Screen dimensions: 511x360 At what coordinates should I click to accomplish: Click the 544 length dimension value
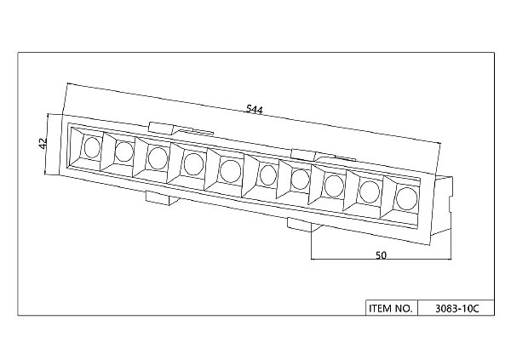[254, 109]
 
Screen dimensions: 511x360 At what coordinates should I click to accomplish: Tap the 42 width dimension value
[43, 144]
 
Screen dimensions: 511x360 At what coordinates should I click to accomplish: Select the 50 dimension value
[381, 255]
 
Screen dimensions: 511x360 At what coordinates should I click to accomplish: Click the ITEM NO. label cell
[391, 308]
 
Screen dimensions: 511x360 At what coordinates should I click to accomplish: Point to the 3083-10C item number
[457, 308]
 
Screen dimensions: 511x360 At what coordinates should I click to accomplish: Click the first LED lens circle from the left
[92, 147]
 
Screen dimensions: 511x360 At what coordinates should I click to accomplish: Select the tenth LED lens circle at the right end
[406, 198]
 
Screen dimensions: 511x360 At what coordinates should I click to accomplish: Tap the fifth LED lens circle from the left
[231, 171]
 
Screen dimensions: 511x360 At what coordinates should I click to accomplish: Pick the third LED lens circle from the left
[158, 158]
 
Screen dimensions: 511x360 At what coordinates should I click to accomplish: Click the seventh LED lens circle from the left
[300, 180]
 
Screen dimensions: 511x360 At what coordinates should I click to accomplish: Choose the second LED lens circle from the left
[124, 152]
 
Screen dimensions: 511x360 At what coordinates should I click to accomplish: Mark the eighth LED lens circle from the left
[334, 186]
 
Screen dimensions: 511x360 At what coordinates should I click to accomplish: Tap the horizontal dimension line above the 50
[382, 260]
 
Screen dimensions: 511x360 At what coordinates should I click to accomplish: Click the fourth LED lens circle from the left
[194, 164]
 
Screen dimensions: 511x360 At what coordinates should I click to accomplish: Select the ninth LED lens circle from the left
[370, 191]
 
